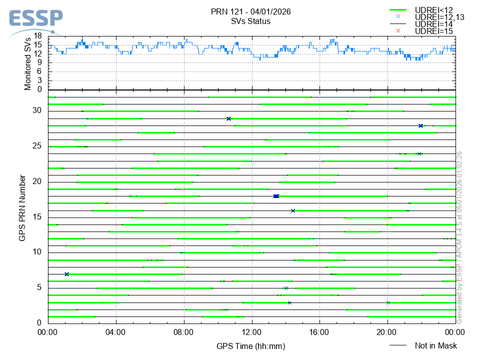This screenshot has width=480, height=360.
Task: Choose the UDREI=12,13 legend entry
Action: point(439,17)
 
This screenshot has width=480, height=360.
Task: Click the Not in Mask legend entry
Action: point(435,345)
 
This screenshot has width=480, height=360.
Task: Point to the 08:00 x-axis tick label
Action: point(184,332)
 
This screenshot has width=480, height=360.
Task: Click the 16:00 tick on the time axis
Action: point(319,332)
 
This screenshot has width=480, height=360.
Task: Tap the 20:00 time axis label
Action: point(387,332)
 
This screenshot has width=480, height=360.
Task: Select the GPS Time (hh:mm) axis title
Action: point(251,346)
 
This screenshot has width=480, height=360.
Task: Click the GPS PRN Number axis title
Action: point(22,207)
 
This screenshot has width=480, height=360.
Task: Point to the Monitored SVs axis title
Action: point(28,63)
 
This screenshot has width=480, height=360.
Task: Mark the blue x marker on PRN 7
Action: point(66,274)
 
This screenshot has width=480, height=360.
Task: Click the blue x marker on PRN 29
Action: point(228,118)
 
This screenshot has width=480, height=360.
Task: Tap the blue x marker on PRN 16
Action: point(293,210)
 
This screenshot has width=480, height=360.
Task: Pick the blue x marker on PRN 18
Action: point(276,196)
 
